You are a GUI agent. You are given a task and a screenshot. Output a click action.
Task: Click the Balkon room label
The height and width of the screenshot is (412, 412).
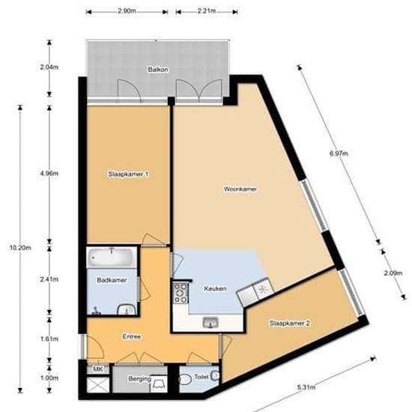(x=158, y=70)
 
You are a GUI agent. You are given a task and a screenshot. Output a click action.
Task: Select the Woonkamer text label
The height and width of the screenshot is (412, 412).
(x=240, y=190)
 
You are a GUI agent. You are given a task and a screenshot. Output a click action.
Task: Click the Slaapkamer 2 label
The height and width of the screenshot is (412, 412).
(x=290, y=323)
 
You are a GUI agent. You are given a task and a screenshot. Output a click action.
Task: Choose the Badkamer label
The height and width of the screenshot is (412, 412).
(x=111, y=280)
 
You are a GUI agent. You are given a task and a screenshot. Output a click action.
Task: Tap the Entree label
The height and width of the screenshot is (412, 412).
(x=132, y=336)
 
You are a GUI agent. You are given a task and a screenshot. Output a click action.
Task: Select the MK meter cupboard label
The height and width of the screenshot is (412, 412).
(x=97, y=369)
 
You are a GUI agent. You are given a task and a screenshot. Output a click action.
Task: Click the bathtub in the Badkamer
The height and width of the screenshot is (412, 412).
(x=111, y=259)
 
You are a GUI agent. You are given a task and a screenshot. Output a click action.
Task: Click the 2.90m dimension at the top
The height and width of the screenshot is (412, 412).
(x=127, y=11)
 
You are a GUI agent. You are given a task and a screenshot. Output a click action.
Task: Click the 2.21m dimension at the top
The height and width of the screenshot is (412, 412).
(x=207, y=11)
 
